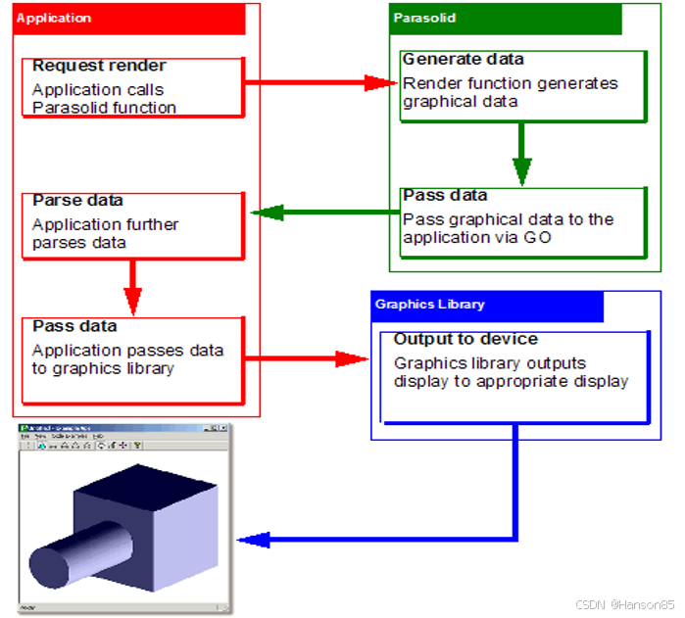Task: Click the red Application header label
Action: (x=54, y=18)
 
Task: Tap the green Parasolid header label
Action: (x=424, y=18)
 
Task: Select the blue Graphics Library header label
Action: (x=429, y=305)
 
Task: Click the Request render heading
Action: (x=99, y=67)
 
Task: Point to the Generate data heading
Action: (x=464, y=60)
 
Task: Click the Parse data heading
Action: (x=78, y=201)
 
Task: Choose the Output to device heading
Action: (x=465, y=340)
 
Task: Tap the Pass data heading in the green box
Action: (x=445, y=195)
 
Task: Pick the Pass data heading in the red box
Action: (x=74, y=326)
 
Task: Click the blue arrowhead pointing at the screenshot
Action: (x=254, y=539)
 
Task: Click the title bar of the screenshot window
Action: (x=123, y=430)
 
